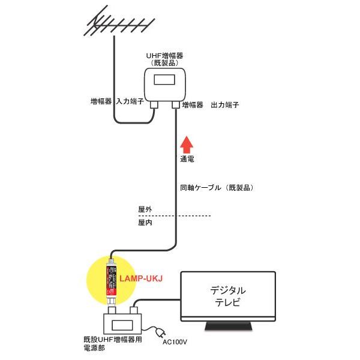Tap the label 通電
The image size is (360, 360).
click(188, 160)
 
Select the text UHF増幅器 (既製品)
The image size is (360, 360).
click(165, 58)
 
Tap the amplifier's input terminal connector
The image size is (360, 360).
click(154, 104)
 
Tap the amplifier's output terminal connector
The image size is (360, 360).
click(176, 104)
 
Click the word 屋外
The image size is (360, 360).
click(145, 209)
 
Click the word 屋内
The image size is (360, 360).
click(145, 223)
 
